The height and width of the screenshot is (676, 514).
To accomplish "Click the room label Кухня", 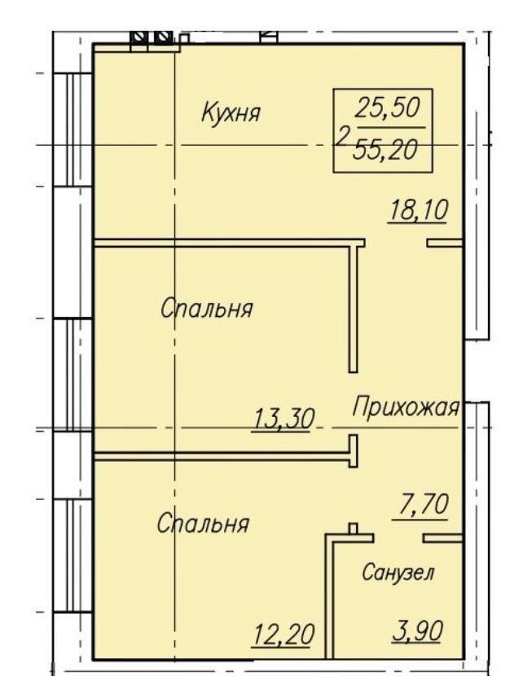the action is (231, 112).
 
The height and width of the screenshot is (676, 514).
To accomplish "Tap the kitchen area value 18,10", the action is (418, 211).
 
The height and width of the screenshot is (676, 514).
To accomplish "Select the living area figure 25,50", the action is (387, 108).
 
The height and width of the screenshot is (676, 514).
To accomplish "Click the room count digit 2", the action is (341, 137).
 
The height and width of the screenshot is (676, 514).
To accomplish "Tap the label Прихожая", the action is (406, 407).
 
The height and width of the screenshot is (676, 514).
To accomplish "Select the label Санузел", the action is (398, 573).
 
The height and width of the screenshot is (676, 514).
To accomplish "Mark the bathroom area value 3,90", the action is (417, 632).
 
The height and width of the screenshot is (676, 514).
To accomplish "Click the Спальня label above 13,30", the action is (207, 309).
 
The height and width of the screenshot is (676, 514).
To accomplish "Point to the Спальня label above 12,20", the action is (203, 524).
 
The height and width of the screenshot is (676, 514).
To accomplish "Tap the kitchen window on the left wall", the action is (72, 129).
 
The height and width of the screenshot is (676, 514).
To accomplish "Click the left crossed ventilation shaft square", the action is (138, 37).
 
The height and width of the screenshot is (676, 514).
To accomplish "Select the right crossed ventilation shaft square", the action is (163, 37).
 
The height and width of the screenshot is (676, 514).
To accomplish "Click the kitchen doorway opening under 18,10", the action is (396, 243).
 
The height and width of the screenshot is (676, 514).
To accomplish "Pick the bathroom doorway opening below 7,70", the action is (398, 538).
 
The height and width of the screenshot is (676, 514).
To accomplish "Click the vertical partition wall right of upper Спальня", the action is (354, 307).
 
